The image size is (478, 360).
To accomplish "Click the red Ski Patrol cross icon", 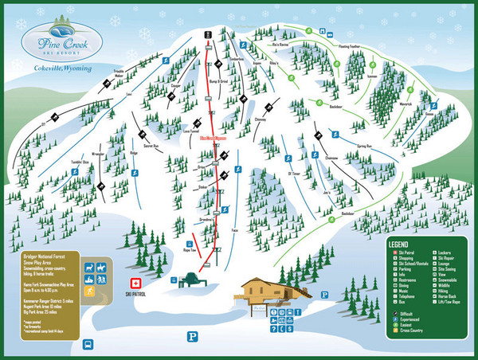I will [x=136, y=283].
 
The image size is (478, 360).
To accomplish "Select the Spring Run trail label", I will [x=365, y=147].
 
